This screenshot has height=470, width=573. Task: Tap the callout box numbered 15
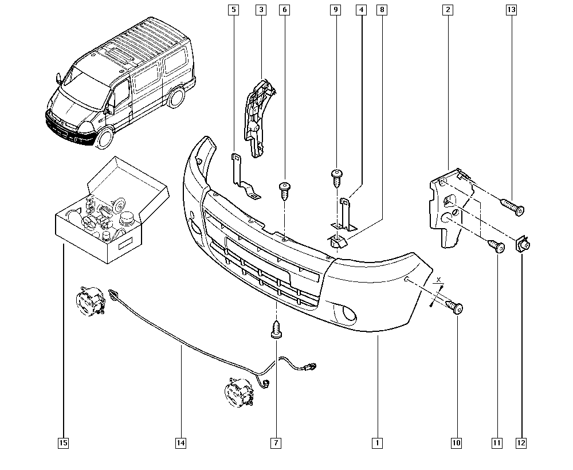pos(63,442)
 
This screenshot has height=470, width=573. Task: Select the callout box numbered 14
pos(180,442)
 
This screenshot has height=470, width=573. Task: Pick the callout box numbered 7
pos(276,442)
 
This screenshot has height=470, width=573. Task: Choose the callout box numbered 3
pos(261,10)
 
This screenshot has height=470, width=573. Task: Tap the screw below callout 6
pos(284,189)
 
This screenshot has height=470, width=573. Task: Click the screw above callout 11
pos(496,246)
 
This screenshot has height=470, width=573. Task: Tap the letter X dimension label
pos(439,279)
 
